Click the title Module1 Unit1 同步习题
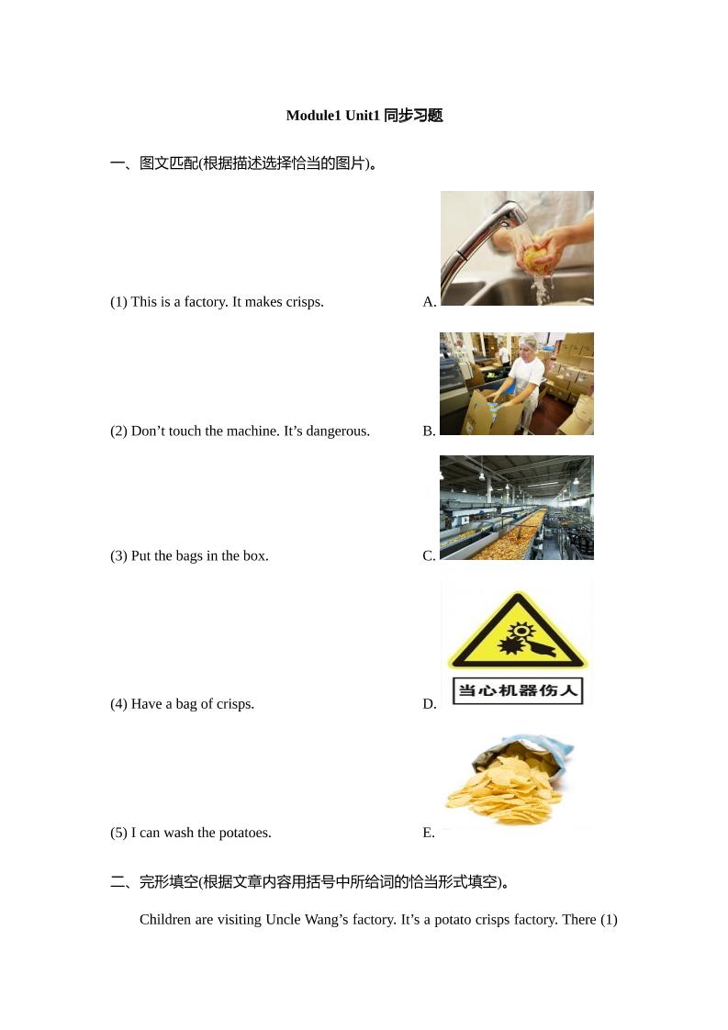click(x=364, y=116)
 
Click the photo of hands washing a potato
click(x=517, y=248)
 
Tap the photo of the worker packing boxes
click(x=517, y=384)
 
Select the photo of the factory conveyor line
click(x=517, y=508)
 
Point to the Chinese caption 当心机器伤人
click(x=518, y=690)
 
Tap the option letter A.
click(x=429, y=302)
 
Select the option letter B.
click(x=429, y=431)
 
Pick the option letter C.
click(x=429, y=556)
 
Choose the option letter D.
click(x=429, y=705)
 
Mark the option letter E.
click(x=428, y=834)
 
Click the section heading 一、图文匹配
click(x=153, y=163)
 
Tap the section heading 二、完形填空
click(x=153, y=882)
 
